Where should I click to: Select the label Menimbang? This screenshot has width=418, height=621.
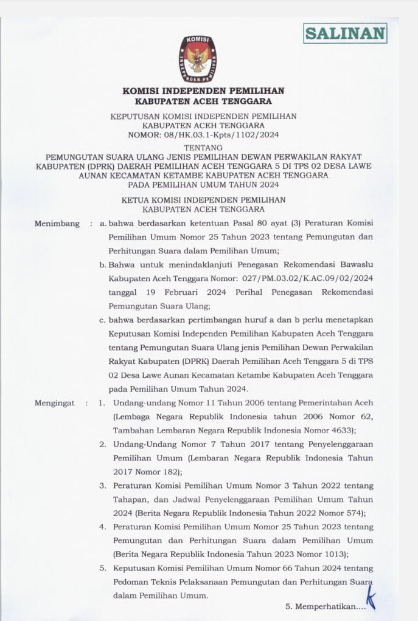57,224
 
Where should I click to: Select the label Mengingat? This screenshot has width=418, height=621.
55,403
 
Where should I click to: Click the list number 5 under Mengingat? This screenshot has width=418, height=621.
103,568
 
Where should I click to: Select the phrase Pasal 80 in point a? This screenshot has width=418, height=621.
259,224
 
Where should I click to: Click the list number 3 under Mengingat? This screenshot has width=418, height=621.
103,485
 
